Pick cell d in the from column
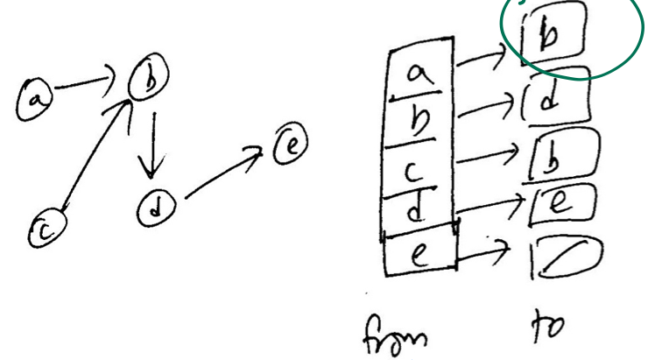tap(419, 208)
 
